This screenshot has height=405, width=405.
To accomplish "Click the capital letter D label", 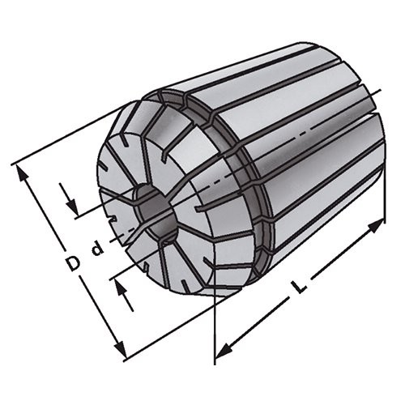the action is point(73,264).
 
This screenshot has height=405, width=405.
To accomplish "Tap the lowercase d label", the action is point(97,249).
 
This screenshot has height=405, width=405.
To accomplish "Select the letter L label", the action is point(301,287).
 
